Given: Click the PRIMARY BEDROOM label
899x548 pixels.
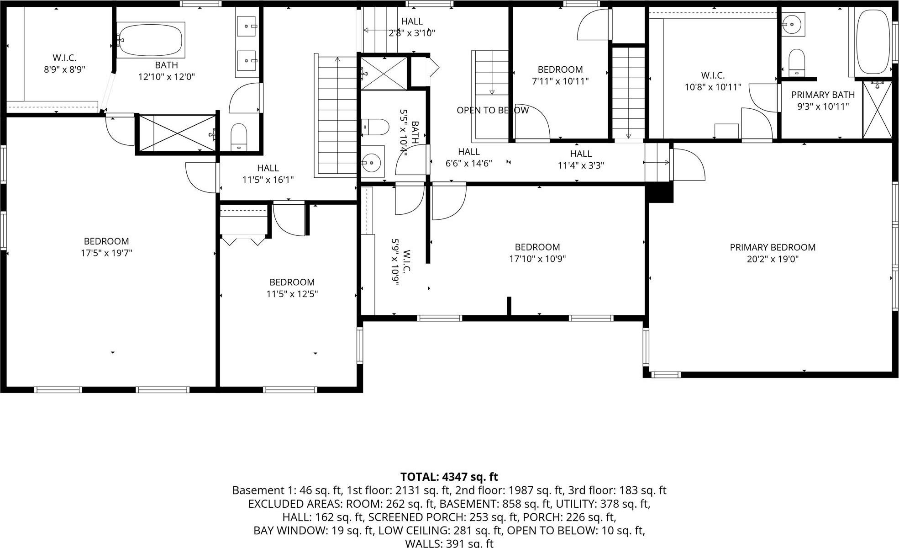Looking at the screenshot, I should tap(773, 247).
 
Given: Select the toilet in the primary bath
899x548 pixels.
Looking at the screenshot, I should tap(797, 62).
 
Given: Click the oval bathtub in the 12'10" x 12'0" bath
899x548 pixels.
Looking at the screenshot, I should tap(151, 40).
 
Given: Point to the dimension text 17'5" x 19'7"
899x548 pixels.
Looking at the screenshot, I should tap(106, 253).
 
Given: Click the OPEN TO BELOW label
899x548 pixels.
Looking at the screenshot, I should tap(492, 110).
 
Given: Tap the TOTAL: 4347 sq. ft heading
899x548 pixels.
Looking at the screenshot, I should tap(449, 477).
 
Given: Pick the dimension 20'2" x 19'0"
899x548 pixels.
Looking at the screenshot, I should tap(773, 259).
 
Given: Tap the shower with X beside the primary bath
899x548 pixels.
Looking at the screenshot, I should tap(877, 110).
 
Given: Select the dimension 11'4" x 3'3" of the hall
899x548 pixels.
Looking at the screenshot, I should tap(581, 165).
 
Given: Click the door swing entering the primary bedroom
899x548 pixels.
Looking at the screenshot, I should tap(689, 165).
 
